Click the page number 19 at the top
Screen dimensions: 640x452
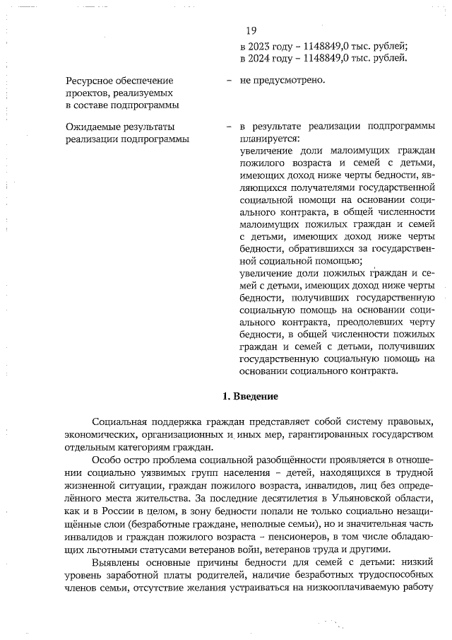[x=251, y=30]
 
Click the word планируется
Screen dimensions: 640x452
[x=269, y=139]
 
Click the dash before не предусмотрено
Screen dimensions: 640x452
[x=230, y=81]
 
